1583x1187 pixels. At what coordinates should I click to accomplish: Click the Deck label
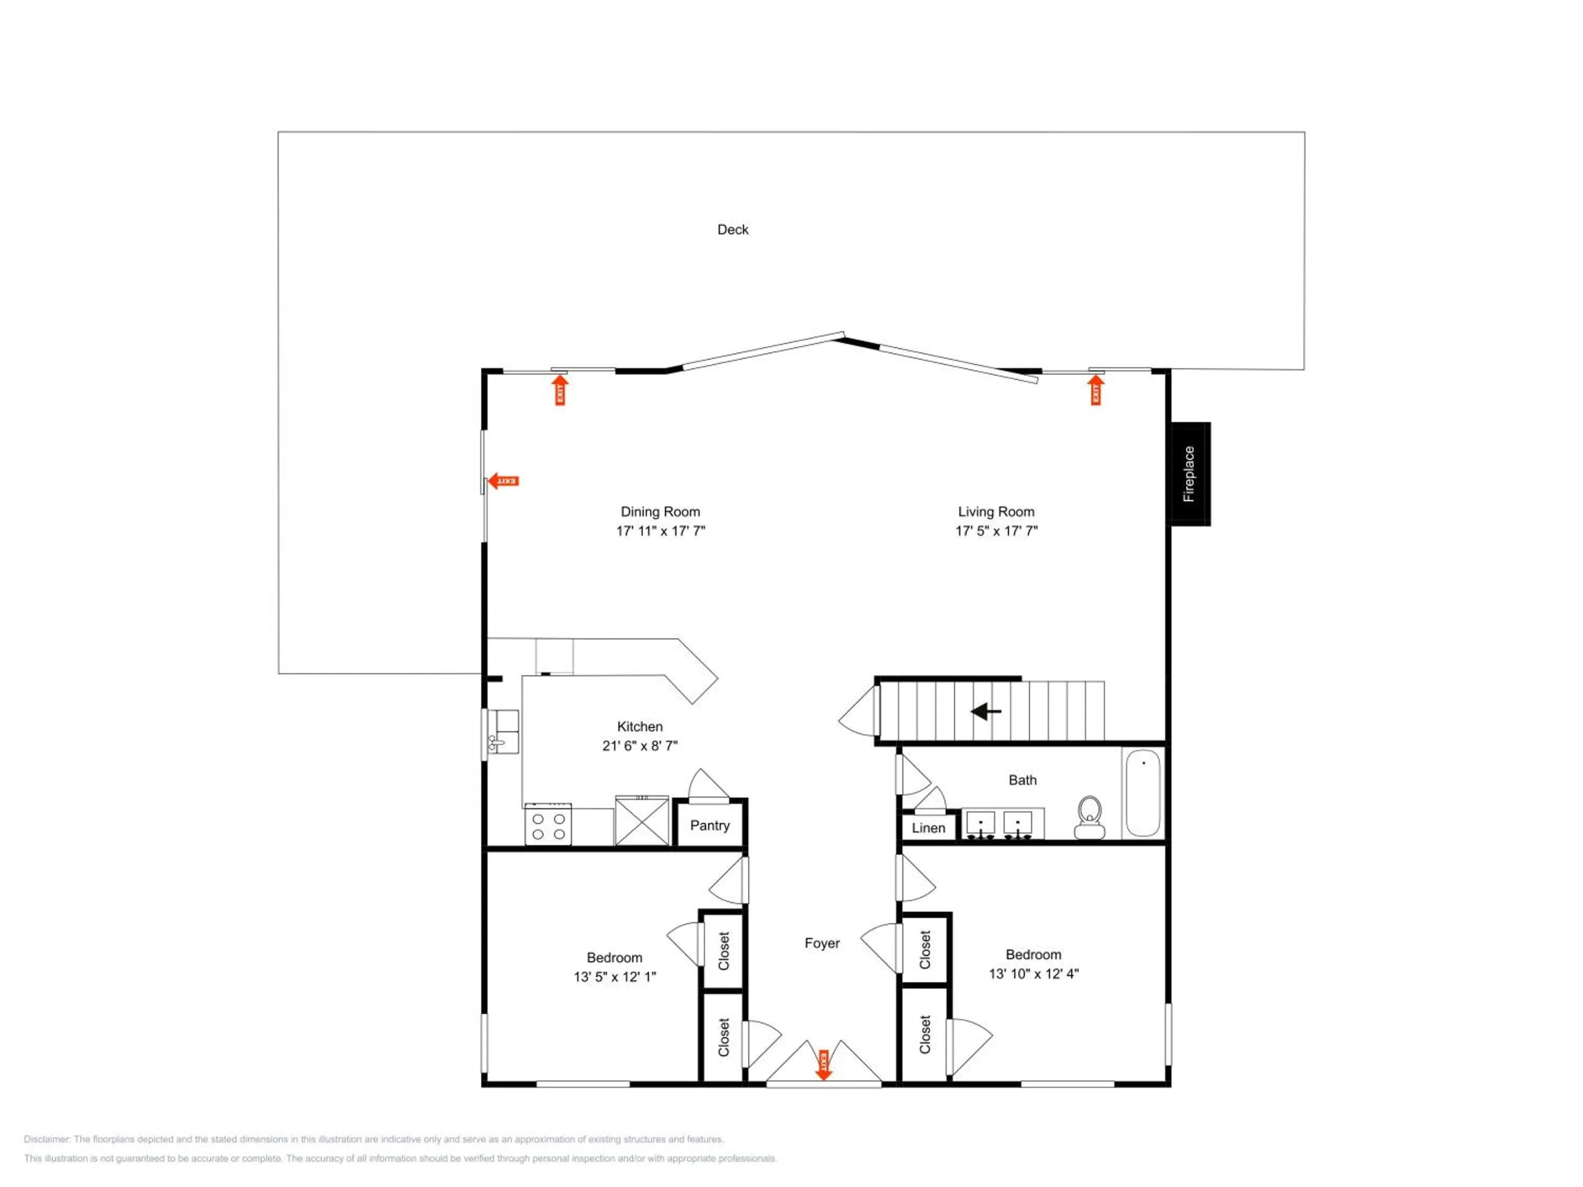tap(733, 229)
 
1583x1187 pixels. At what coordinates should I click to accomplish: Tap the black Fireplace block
tap(1190, 474)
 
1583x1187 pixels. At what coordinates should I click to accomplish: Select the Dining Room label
tap(660, 512)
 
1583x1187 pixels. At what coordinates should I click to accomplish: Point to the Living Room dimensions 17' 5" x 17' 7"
tap(996, 531)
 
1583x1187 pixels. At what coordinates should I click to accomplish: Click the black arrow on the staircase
tap(986, 711)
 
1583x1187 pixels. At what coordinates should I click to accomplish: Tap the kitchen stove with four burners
tap(548, 824)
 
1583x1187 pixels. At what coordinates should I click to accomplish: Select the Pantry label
tap(710, 826)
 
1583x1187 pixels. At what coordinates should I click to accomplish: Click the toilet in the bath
tap(1089, 817)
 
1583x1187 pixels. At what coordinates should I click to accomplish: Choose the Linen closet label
tap(928, 828)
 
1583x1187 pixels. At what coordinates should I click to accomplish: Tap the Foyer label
tap(822, 943)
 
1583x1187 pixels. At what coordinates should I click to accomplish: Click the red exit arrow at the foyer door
tap(824, 1065)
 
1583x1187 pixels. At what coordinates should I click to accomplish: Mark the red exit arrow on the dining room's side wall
tap(503, 481)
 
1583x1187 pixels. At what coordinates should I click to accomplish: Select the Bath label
tap(1022, 780)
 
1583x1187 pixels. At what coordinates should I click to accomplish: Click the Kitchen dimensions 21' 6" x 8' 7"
tap(640, 745)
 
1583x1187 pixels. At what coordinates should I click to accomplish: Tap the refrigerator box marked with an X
tap(642, 821)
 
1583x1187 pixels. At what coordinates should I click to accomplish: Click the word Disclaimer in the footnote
tap(46, 1139)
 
